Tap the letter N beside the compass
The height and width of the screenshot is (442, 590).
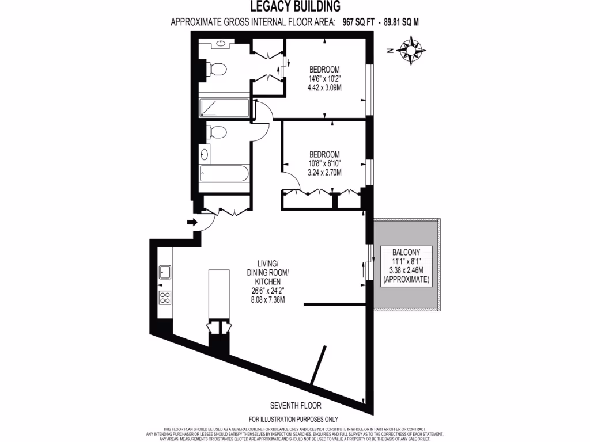(390, 51)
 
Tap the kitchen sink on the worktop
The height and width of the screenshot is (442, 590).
(164, 271)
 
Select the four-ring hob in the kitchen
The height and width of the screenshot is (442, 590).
(164, 298)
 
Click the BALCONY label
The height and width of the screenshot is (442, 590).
(406, 252)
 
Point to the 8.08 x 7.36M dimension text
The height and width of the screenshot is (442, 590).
(264, 300)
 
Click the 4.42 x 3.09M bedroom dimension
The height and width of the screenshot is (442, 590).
(325, 88)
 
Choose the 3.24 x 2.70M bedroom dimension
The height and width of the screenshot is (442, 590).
(324, 173)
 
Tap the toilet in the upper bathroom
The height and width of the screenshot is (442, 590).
(217, 70)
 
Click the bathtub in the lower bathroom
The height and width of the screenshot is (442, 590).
(224, 173)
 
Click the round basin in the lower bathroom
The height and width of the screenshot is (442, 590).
(205, 154)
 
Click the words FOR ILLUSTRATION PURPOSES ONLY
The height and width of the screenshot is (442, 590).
(294, 420)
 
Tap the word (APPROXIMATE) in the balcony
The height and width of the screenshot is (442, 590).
(406, 279)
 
